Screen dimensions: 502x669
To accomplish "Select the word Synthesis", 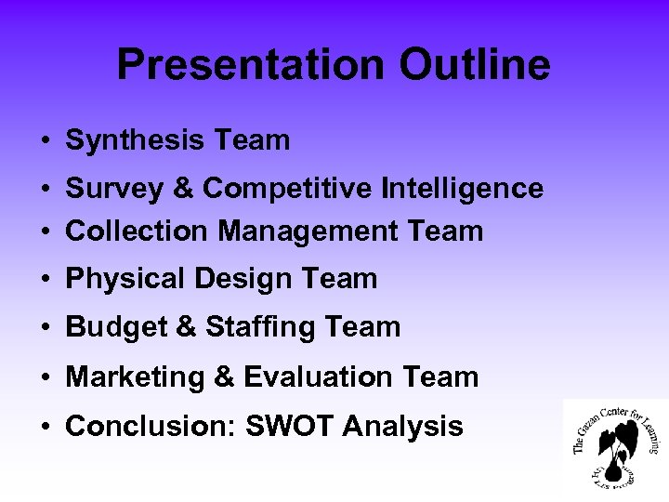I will coord(136,141).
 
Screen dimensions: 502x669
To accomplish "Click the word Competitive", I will coord(288,189).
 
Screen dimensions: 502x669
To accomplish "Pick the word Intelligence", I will coord(462,189).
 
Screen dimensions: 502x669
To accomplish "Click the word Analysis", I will coord(402,427).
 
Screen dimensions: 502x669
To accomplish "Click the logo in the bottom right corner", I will coord(616,444).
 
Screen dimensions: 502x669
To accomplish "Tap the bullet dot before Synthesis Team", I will coord(45,142).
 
